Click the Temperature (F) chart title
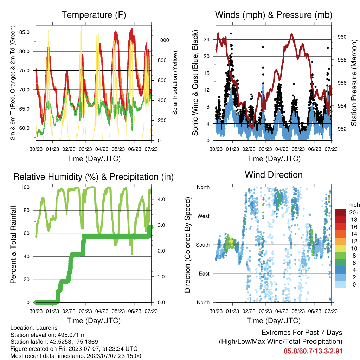tap(94, 15)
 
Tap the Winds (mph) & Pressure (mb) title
tap(274, 15)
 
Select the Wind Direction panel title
tap(274, 175)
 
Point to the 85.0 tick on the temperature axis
tap(24, 32)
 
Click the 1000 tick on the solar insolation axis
tap(163, 40)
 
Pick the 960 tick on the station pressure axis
tap(342, 37)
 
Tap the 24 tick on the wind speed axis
tap(206, 39)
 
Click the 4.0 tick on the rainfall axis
tap(161, 199)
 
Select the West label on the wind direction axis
tap(204, 216)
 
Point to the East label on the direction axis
tap(204, 274)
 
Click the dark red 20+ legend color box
tap(340, 212)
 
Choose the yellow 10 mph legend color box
tap(340, 248)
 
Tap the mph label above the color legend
tap(354, 205)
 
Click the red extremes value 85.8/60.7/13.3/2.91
tap(313, 351)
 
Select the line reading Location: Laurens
tap(34, 328)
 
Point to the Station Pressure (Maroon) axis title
tap(354, 83)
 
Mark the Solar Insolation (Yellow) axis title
tap(175, 83)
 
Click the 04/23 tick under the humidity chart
tap(102, 311)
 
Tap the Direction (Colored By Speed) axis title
tap(188, 245)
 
